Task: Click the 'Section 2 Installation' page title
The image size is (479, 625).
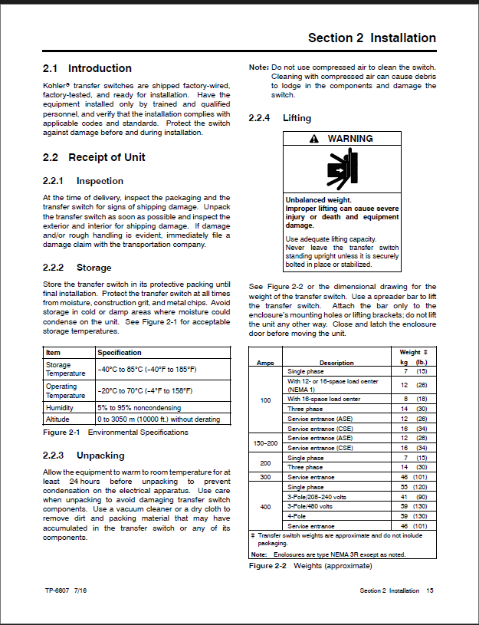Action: pyautogui.click(x=372, y=38)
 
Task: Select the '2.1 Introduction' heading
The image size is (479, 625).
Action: pyautogui.click(x=87, y=68)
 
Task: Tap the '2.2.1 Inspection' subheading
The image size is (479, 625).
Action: pyautogui.click(x=84, y=181)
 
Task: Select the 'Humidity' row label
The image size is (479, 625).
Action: pyautogui.click(x=60, y=408)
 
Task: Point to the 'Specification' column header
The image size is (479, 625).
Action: pyautogui.click(x=120, y=353)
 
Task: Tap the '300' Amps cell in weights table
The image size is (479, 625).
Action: pyautogui.click(x=266, y=476)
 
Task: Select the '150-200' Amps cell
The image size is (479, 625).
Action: pyautogui.click(x=266, y=442)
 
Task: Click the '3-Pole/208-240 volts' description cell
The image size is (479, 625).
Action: pyautogui.click(x=318, y=497)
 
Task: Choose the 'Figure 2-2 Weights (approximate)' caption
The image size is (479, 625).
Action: pyautogui.click(x=310, y=566)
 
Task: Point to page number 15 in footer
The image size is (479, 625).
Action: pyautogui.click(x=430, y=590)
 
